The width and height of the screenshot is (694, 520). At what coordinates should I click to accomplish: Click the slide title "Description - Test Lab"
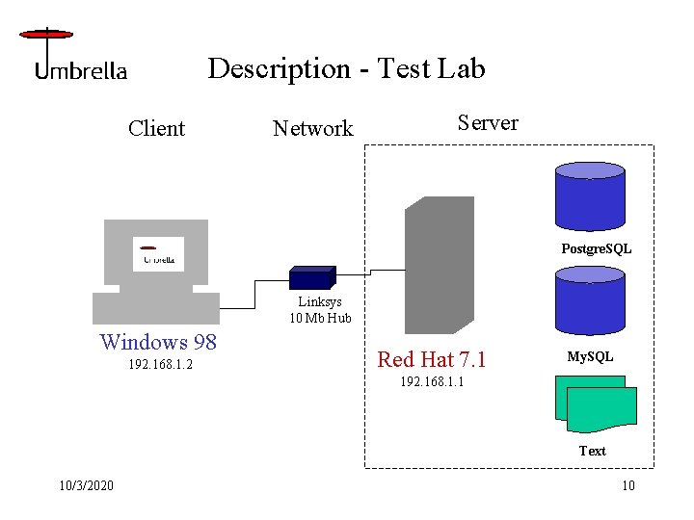346,68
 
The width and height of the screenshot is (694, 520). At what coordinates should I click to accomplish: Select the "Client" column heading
156,128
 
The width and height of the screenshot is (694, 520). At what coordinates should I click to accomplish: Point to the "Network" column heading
312,128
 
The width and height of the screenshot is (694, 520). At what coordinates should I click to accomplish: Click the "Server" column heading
487,122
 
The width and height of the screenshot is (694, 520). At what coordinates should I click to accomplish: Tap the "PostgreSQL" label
597,248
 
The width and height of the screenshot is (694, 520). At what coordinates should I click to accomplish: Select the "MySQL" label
590,357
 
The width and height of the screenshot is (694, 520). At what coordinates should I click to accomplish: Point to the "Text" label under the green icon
592,451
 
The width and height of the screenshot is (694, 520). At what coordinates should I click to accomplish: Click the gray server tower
439,265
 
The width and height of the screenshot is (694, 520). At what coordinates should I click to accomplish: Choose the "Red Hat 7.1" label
432,359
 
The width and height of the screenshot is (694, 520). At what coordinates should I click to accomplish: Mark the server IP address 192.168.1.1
431,381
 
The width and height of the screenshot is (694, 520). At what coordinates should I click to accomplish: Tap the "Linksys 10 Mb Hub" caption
320,310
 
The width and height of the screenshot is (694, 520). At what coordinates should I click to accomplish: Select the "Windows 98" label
158,342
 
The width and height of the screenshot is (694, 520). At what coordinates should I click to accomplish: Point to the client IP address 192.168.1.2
160,366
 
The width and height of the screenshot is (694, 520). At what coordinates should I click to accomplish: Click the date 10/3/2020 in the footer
85,484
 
